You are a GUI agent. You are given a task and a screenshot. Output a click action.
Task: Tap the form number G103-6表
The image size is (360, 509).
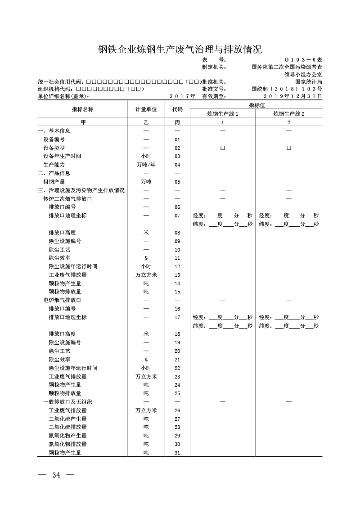(x=303, y=59)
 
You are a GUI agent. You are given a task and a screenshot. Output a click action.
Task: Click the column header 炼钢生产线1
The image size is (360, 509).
(x=222, y=114)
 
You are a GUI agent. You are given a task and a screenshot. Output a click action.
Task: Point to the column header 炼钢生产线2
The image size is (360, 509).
(x=289, y=114)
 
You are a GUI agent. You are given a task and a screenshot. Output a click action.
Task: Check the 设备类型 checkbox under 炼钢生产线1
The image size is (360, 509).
(x=222, y=148)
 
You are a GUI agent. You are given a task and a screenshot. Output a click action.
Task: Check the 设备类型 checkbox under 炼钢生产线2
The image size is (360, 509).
(x=289, y=148)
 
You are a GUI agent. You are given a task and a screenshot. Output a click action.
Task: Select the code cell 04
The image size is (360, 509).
(x=177, y=165)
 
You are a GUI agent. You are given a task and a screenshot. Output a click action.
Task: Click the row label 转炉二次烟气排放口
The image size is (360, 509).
(x=68, y=198)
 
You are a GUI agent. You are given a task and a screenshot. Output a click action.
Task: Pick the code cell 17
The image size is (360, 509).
(x=177, y=317)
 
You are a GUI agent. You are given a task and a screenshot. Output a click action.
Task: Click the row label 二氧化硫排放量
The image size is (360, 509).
(x=68, y=427)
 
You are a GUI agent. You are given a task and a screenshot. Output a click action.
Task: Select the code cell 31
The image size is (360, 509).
(x=177, y=453)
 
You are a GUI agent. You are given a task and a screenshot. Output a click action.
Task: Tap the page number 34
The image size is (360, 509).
(x=56, y=475)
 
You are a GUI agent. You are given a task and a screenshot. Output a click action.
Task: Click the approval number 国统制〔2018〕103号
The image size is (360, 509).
(x=287, y=89)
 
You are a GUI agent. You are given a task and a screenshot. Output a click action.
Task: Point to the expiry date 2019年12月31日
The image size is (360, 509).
(x=293, y=96)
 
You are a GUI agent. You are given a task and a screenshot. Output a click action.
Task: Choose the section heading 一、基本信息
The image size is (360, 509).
(x=54, y=131)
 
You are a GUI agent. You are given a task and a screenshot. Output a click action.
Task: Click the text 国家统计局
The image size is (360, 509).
(x=309, y=82)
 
